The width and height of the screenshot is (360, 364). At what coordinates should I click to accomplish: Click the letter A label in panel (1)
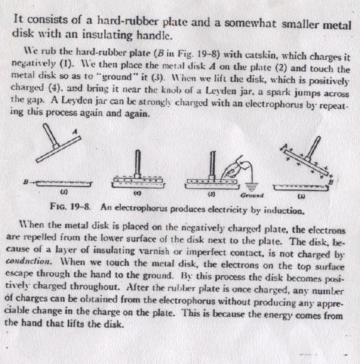(75, 131)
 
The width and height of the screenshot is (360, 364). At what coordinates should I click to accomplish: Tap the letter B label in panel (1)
(25, 182)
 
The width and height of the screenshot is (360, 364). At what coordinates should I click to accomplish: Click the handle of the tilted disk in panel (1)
(50, 136)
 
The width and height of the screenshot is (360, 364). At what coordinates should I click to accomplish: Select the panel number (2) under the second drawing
(137, 193)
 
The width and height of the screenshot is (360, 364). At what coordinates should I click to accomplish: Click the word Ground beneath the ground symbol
(252, 196)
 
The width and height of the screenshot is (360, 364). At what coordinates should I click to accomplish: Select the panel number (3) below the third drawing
(211, 194)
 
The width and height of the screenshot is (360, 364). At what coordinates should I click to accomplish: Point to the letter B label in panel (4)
(331, 182)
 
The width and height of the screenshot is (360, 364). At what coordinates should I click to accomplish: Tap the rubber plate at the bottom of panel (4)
(301, 187)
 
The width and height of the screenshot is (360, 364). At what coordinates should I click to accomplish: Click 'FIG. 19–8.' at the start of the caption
(70, 206)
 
